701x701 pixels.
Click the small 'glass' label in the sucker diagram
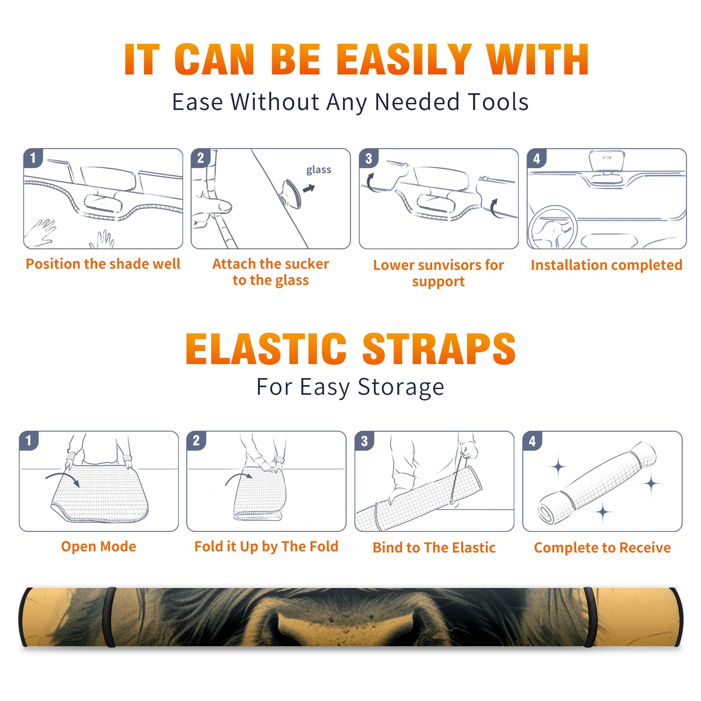point(319,170)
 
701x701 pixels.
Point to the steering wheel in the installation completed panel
point(552,227)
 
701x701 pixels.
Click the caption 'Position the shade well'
point(103,264)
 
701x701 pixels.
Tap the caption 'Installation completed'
point(606,265)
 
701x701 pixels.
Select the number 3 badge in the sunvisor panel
point(368,158)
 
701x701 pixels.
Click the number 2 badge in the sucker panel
point(200,158)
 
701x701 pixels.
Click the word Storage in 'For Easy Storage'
point(401,387)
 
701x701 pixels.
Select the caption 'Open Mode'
point(99,546)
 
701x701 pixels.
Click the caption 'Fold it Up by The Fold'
point(266,546)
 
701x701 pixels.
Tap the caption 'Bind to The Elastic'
point(434,548)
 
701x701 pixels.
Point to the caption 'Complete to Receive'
point(602,548)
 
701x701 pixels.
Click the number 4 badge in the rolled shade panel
point(532,441)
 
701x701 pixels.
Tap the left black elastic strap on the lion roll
point(110,617)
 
